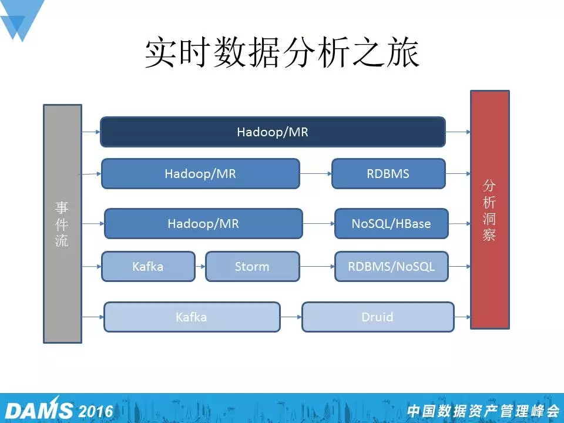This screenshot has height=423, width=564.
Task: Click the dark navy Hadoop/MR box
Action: point(273,132)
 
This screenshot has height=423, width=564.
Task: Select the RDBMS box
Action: point(388,174)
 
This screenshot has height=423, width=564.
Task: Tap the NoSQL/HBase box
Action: point(391,224)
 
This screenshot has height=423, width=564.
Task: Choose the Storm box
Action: point(253,267)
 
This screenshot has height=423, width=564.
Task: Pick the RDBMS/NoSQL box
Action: point(391,267)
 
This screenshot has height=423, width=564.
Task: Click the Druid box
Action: point(378,317)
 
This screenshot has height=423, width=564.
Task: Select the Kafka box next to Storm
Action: point(148,267)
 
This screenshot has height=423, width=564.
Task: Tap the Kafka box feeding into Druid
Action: point(192,317)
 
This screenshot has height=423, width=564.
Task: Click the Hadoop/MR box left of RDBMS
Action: point(200,174)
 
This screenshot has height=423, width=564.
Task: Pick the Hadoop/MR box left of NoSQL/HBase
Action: point(203,224)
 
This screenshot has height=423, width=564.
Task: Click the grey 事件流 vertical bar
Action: point(63,224)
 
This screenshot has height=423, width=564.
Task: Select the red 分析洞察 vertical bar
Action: point(490,210)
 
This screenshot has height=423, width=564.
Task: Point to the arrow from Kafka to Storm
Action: point(200,267)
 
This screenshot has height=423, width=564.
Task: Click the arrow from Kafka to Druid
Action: point(291,317)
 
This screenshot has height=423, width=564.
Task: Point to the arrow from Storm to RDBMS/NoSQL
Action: point(317,267)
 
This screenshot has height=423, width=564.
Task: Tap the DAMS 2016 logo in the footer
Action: point(59,409)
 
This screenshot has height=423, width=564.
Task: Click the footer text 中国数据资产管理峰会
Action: point(483,411)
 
